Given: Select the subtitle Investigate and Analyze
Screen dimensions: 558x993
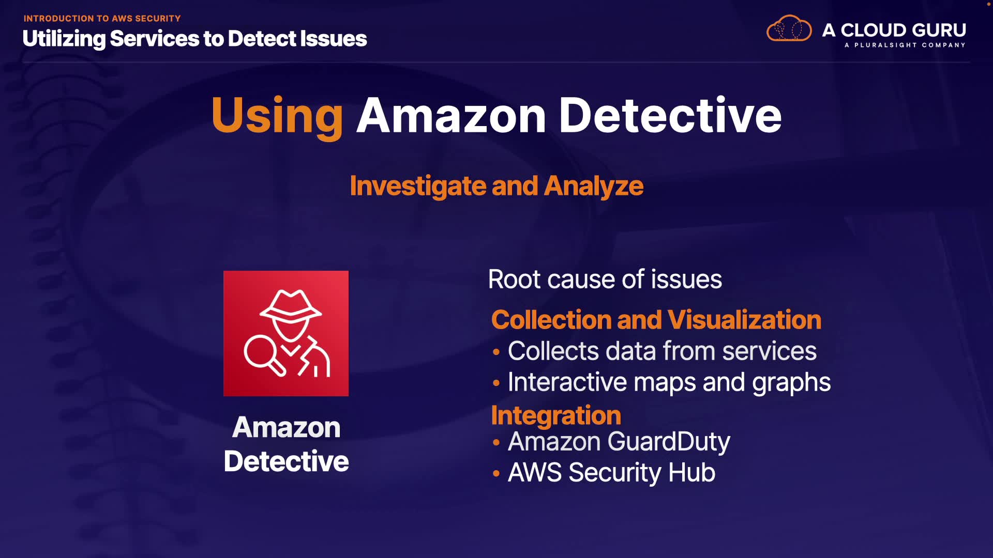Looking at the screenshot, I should tap(496, 186).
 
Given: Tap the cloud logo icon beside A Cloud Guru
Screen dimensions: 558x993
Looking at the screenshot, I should tap(789, 29).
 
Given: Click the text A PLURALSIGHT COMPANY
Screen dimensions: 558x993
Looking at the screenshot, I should tap(905, 45).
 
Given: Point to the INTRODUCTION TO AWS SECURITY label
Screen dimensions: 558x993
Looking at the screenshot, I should tap(102, 19).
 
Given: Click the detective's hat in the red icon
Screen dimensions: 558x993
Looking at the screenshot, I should tap(291, 306).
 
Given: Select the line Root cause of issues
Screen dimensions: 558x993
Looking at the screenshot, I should tap(605, 280).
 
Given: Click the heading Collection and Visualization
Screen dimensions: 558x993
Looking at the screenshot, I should tap(656, 320).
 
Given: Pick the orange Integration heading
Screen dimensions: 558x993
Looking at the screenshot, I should tap(556, 415).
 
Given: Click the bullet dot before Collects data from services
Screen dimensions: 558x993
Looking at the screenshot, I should tap(496, 352).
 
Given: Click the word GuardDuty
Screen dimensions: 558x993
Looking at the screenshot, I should tap(669, 442).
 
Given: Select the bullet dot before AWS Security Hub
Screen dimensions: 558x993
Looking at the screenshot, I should tap(496, 473).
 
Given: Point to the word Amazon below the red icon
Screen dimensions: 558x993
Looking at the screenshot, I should tap(286, 428).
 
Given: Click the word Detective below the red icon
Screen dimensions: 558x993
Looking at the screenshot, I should tap(286, 461).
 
